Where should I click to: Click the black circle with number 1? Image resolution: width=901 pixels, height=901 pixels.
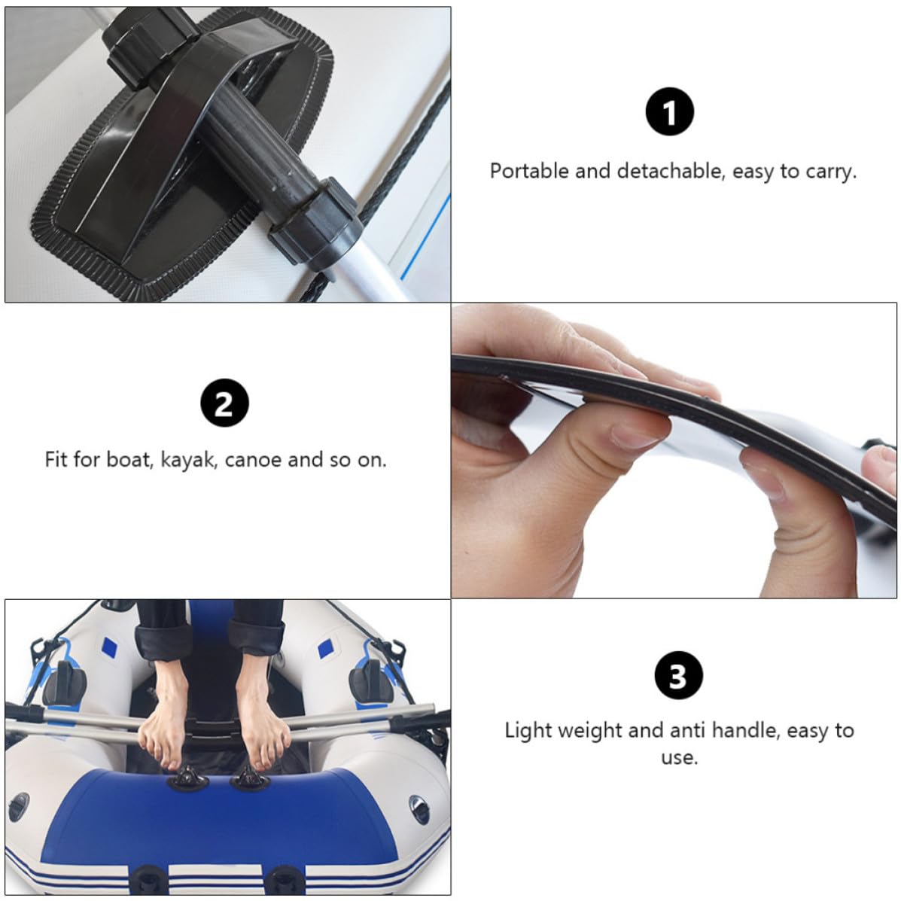click(669, 111)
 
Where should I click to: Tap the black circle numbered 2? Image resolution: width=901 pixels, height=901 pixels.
click(224, 403)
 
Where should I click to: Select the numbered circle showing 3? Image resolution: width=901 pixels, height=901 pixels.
click(679, 675)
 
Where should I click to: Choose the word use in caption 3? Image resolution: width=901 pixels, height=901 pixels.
click(679, 758)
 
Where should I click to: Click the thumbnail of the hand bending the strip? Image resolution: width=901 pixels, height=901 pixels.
click(674, 450)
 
